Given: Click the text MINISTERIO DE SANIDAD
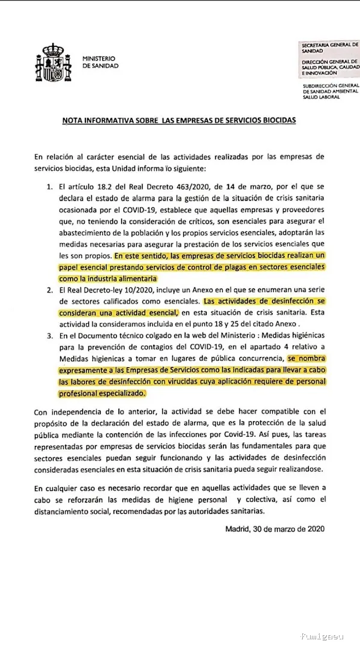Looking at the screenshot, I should [100, 62].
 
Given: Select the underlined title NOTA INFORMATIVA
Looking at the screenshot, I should [180, 120].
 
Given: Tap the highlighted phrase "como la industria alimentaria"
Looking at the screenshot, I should [108, 278].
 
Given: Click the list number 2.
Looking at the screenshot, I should [50, 290].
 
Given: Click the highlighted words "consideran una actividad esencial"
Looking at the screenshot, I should [118, 312].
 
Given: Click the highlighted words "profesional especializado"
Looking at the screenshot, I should [102, 393].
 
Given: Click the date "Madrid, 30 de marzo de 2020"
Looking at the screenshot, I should [275, 529].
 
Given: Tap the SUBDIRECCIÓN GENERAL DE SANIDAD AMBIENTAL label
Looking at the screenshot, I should [330, 91].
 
